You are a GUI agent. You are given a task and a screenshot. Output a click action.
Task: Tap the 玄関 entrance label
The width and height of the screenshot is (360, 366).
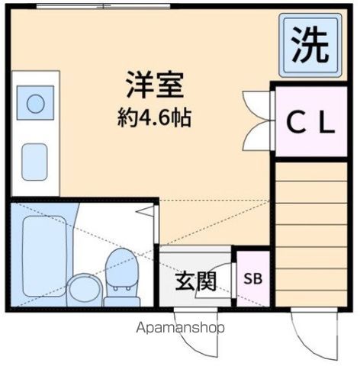pos(195,281)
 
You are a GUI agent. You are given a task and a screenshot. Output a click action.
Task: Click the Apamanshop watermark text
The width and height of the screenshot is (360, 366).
pos(181,329)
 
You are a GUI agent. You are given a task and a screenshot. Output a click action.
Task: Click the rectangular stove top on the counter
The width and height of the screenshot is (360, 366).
pos(36,161)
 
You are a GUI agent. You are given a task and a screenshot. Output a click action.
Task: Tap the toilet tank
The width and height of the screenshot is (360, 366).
pos(119,263)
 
